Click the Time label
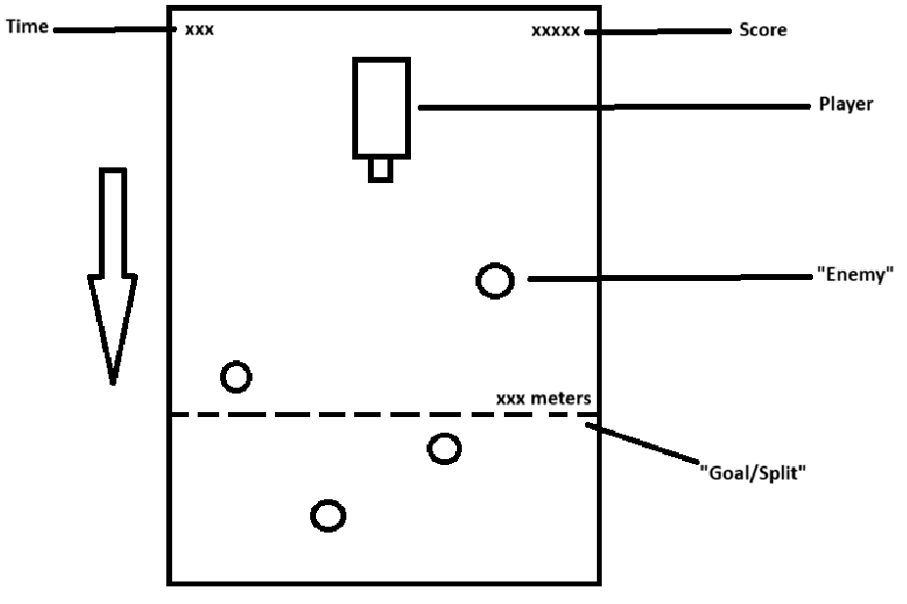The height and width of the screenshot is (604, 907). pyautogui.click(x=27, y=27)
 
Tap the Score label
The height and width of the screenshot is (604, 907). pyautogui.click(x=760, y=30)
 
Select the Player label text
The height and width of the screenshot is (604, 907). pyautogui.click(x=845, y=105)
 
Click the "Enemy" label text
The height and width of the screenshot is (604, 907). pyautogui.click(x=855, y=277)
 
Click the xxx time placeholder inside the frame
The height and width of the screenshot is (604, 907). pyautogui.click(x=199, y=29)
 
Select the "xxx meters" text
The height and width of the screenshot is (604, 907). pyautogui.click(x=543, y=399)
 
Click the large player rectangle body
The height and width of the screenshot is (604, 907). pyautogui.click(x=382, y=107)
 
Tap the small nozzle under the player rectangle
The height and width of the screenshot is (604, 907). pyautogui.click(x=381, y=169)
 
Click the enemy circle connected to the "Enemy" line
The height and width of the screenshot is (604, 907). pyautogui.click(x=495, y=281)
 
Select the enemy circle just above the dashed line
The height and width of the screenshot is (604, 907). pyautogui.click(x=236, y=376)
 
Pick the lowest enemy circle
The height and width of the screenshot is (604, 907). pyautogui.click(x=328, y=515)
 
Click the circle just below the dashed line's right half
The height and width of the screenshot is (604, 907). pyautogui.click(x=444, y=448)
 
